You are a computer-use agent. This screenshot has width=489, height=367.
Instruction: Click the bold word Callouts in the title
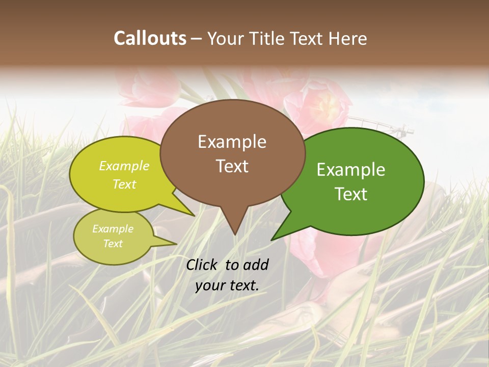150,38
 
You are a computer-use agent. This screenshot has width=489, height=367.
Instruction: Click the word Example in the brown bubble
232,142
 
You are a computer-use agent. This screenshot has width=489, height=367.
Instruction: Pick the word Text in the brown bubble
232,166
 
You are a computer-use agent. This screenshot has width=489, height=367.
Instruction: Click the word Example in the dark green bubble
351,170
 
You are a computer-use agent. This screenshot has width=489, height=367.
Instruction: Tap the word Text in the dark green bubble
351,194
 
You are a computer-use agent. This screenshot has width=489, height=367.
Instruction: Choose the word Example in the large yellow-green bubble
124,166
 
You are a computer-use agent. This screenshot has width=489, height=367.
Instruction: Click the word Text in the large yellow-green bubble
124,184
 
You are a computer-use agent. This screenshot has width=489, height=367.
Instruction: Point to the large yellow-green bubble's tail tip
194,216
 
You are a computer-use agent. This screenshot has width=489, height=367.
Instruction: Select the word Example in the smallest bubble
113,229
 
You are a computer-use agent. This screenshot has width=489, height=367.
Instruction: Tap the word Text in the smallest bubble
113,244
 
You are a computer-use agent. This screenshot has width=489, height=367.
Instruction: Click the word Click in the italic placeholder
203,265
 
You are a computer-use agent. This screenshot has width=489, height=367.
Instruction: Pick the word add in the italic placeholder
256,265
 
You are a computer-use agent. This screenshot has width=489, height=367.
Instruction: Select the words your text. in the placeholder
227,286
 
